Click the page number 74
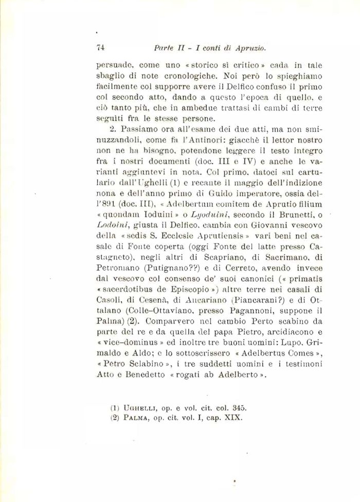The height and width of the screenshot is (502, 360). click(x=100, y=47)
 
